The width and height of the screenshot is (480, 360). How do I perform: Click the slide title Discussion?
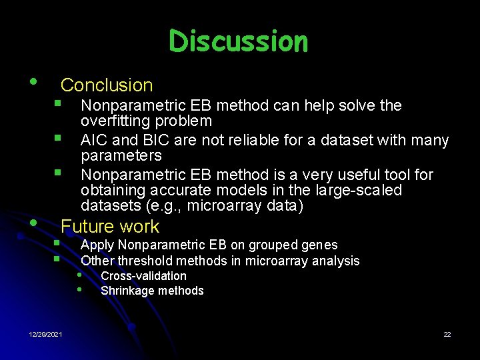[239, 41]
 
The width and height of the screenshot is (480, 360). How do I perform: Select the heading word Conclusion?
[107, 85]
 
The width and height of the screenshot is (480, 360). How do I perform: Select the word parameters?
[121, 156]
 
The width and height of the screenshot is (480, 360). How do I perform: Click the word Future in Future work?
[87, 227]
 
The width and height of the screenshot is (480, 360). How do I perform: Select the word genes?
[320, 245]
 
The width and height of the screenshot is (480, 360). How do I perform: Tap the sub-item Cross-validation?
[143, 276]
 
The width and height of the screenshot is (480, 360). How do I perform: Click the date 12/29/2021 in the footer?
[45, 334]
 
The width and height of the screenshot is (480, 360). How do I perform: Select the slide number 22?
[447, 334]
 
